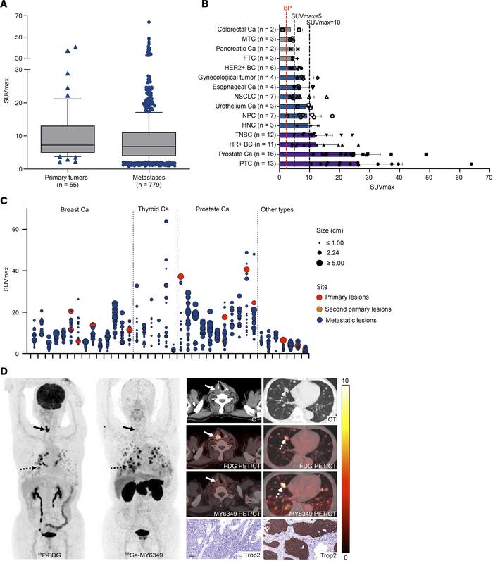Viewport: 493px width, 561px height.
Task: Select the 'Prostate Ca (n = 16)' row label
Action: [x=247, y=153]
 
